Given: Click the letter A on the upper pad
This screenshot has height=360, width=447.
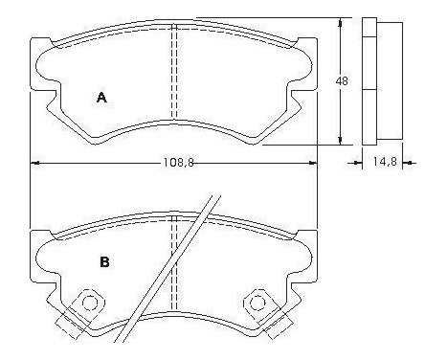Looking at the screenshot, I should (101, 96).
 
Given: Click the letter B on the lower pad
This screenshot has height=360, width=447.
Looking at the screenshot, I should (104, 259).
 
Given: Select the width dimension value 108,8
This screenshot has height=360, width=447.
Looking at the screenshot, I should (174, 163).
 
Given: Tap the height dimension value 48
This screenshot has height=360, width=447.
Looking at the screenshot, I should (343, 82).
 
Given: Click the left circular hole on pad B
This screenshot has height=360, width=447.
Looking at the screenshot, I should (89, 303).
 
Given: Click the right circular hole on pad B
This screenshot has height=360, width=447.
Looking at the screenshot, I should (257, 303).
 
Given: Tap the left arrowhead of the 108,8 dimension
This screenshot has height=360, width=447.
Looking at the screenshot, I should (35, 162).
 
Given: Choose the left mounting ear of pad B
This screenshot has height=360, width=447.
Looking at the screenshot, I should (37, 257).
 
